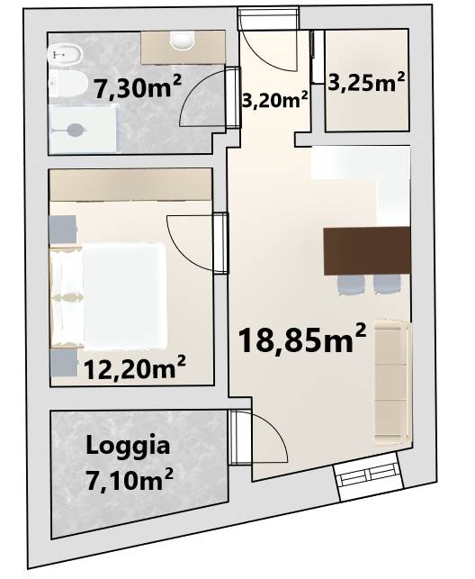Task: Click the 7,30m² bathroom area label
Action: [x=138, y=87]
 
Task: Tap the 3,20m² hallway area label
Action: [x=274, y=99]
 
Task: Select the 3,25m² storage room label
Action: [x=366, y=82]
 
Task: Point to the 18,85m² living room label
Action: [x=302, y=339]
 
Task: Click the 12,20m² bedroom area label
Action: [x=135, y=368]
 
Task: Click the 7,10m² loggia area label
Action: [x=130, y=480]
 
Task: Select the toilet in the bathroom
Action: [x=67, y=85]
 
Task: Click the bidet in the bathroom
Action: [x=66, y=56]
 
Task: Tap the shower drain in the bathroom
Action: [x=76, y=130]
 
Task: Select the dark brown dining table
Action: [x=366, y=251]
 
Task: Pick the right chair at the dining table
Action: [x=387, y=285]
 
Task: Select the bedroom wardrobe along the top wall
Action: [x=131, y=185]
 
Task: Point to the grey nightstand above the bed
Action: [x=63, y=230]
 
